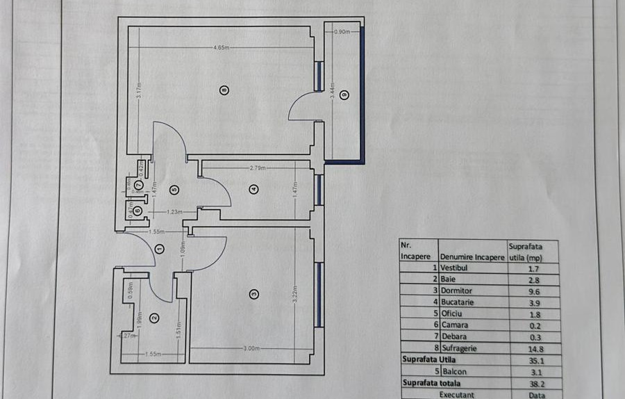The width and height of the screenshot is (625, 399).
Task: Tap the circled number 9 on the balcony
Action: (x=342, y=94)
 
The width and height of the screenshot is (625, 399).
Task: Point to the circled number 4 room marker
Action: (x=253, y=188)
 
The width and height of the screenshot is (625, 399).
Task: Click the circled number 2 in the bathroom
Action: (x=154, y=319)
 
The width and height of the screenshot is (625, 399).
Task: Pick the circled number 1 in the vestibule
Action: (x=160, y=249)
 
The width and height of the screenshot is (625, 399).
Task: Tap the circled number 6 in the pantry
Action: (x=137, y=211)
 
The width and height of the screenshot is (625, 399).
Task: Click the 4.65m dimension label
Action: (x=222, y=47)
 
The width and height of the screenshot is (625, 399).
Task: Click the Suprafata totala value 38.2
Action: (x=519, y=383)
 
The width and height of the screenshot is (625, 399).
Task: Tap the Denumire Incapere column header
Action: (x=472, y=257)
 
